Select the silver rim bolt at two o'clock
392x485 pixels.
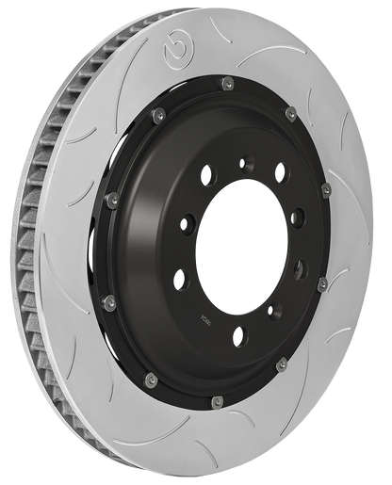click(x=326, y=191)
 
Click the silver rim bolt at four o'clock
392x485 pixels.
click(x=321, y=283)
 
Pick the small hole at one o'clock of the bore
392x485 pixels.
click(x=280, y=171)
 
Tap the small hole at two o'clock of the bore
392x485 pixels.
click(x=299, y=218)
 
